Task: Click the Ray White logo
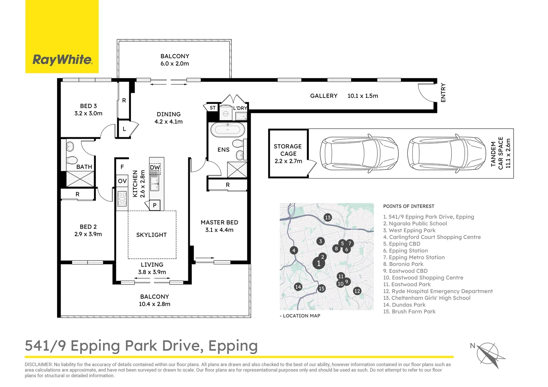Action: tap(62, 59)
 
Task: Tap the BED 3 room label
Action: tap(88, 106)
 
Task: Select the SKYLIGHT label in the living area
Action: tap(151, 235)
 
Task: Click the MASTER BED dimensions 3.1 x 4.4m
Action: tap(219, 230)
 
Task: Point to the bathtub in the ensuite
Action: tap(227, 130)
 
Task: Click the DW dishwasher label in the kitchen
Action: tap(155, 168)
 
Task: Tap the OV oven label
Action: tap(122, 181)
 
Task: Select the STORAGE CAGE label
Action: tap(288, 150)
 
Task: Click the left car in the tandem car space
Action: tap(359, 154)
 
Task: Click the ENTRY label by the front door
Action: tap(443, 93)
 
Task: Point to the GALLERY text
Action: tap(323, 96)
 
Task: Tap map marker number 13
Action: tap(327, 218)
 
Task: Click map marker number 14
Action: tap(298, 287)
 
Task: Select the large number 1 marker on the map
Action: tap(318, 263)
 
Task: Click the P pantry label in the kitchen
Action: tap(155, 205)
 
